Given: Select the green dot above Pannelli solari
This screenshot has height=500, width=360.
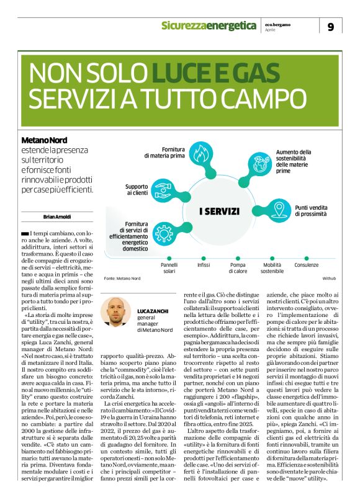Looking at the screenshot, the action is coord(169,256).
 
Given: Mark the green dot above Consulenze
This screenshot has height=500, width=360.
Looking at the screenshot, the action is coord(307,256).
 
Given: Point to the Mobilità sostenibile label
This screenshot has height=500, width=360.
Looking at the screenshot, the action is coord(272,267).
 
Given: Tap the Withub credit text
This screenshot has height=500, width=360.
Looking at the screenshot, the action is coord(328,279).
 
